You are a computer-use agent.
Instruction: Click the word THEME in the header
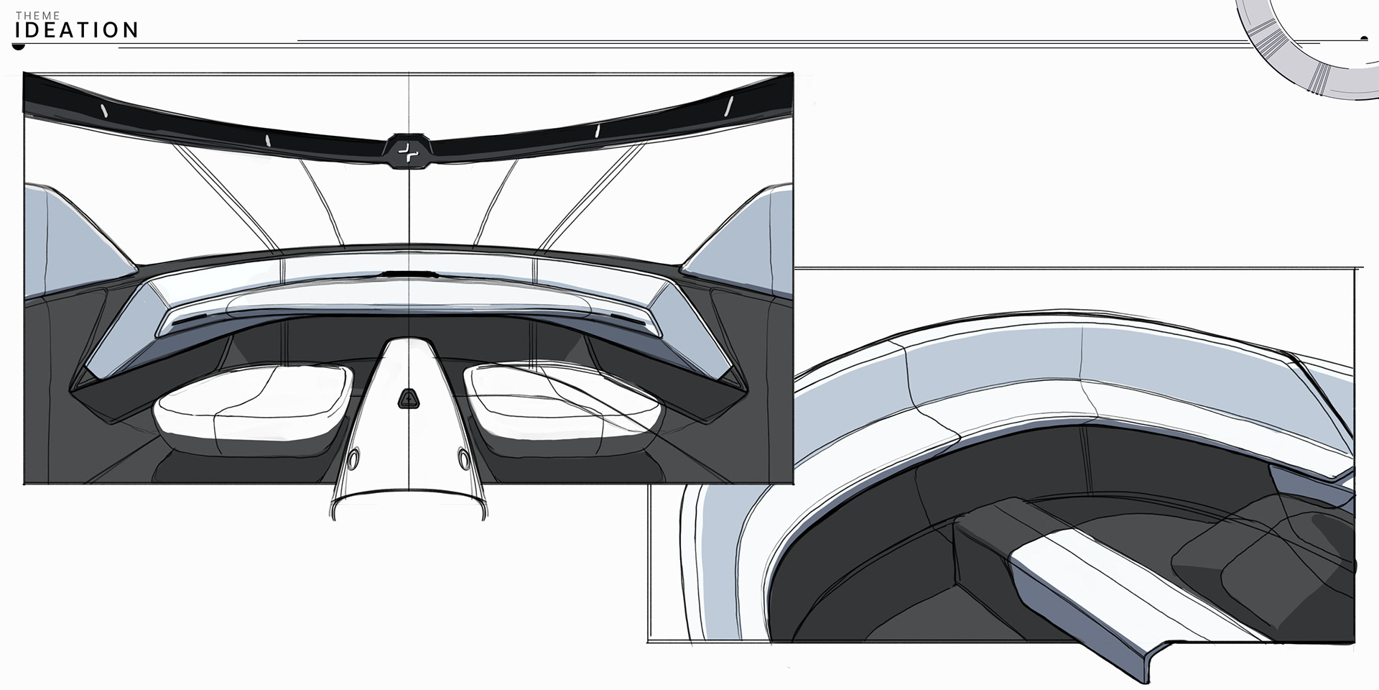tap(38, 16)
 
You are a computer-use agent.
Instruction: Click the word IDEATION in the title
tap(77, 30)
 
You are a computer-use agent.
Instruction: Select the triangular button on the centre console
tap(408, 399)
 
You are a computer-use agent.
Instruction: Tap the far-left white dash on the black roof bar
tap(103, 111)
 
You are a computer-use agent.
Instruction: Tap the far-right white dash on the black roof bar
tap(728, 106)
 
